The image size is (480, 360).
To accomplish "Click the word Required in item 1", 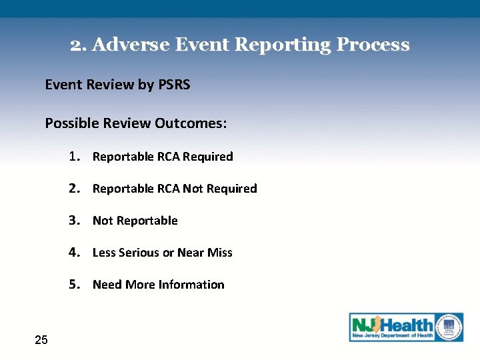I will pyautogui.click(x=207, y=157).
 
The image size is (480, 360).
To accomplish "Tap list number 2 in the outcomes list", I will pyautogui.click(x=73, y=189).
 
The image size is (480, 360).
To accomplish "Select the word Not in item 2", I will pyautogui.click(x=192, y=189).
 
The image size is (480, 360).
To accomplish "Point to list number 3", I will pyautogui.click(x=73, y=221).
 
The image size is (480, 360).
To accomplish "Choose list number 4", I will pyautogui.click(x=73, y=253).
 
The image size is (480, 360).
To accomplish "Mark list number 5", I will pyautogui.click(x=73, y=285).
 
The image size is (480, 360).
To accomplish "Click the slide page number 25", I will pyautogui.click(x=41, y=341).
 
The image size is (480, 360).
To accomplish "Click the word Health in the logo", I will pyautogui.click(x=407, y=325).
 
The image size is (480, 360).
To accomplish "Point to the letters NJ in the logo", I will pyautogui.click(x=364, y=326).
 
